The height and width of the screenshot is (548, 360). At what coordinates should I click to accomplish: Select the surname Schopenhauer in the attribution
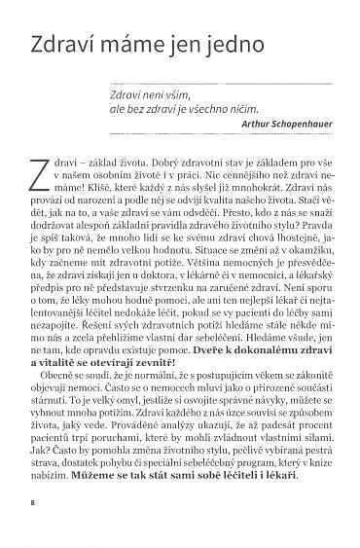(x=295, y=125)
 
